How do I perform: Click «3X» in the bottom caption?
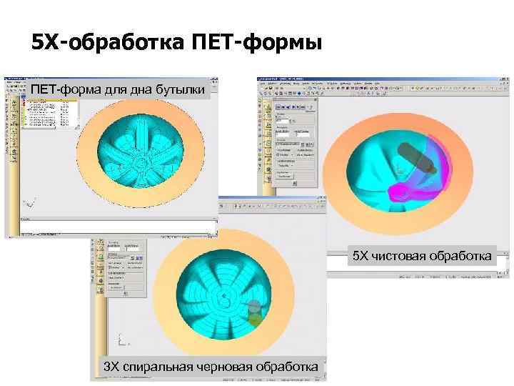(x=112, y=367)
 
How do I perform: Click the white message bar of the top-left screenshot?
(x=118, y=227)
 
